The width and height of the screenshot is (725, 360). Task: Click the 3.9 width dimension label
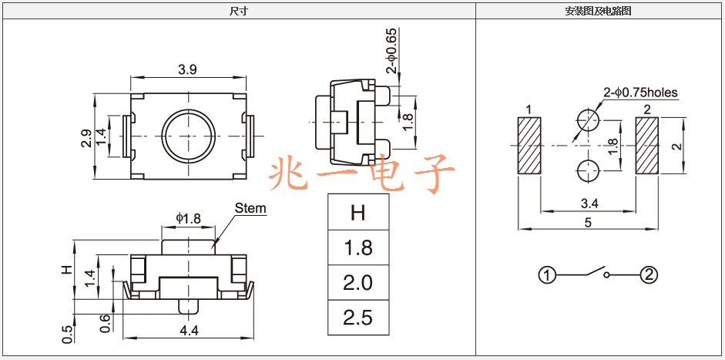point(187,69)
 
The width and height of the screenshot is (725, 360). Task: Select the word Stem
point(250,208)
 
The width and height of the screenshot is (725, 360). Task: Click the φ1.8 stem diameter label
point(188,218)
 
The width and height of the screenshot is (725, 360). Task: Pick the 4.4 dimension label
point(188,331)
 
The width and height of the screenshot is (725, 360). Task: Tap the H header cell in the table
point(358,213)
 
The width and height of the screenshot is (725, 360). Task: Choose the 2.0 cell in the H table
point(358,283)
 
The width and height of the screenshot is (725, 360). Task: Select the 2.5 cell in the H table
point(358,318)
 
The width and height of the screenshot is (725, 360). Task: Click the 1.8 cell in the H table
point(358,247)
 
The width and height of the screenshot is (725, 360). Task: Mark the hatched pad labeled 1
point(529,146)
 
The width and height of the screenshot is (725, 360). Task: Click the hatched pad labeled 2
point(647,146)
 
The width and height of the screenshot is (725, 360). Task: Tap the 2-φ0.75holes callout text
point(640,93)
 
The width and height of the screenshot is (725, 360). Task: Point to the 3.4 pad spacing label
point(589,204)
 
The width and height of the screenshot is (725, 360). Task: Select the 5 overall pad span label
point(588,223)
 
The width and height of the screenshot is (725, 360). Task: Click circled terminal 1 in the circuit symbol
point(546,276)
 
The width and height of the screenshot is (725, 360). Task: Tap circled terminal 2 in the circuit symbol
point(649,275)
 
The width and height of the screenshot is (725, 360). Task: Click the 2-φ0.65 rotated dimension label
point(392,51)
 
